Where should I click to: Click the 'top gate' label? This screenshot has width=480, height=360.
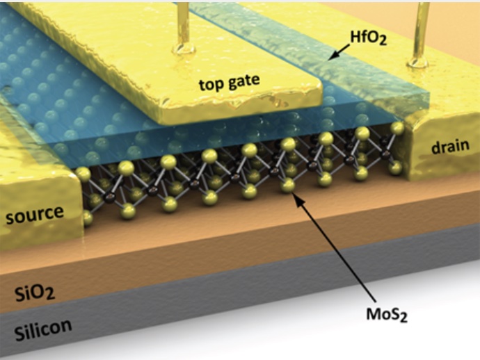230,82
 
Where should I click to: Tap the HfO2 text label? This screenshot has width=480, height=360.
368,38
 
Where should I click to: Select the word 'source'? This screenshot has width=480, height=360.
35,214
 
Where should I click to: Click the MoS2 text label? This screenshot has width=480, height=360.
387,314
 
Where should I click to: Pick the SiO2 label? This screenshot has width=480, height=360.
35,293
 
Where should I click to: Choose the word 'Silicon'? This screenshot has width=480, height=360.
43,329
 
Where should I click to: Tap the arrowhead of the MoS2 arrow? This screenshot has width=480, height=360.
296,198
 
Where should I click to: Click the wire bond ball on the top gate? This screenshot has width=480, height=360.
184,49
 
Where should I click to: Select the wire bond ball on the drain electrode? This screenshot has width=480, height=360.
417,62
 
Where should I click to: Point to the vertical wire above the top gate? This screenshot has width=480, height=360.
184,23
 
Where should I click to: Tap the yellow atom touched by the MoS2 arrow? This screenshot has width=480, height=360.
287,186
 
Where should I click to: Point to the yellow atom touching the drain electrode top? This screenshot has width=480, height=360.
397,128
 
